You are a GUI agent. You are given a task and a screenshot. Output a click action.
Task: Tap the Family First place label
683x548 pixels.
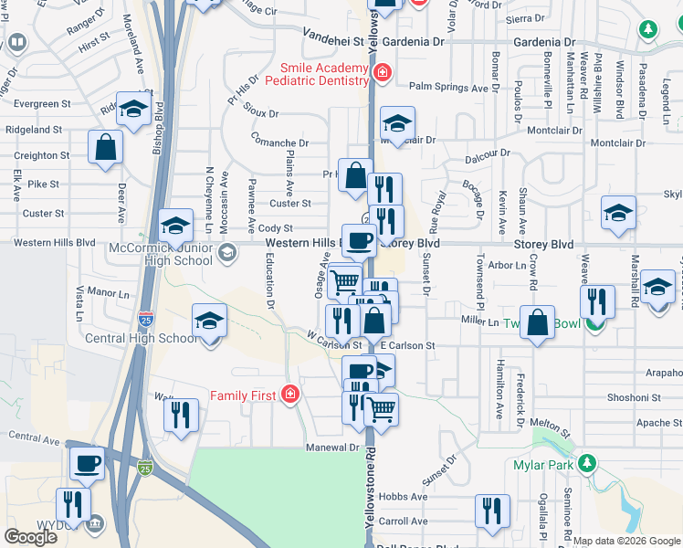(244, 395)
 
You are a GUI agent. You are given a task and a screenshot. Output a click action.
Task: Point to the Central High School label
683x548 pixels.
(141, 339)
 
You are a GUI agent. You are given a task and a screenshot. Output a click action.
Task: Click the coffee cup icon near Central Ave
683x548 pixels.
(87, 463)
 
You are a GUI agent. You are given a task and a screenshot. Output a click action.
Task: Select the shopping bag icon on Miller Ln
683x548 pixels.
(538, 322)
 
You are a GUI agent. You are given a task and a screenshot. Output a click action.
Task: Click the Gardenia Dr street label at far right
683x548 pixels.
(544, 42)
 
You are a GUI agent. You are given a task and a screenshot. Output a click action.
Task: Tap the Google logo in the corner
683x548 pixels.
(30, 537)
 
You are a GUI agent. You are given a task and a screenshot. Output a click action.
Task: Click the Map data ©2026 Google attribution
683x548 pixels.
(626, 541)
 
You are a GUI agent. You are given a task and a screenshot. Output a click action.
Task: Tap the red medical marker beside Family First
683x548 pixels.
(289, 394)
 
